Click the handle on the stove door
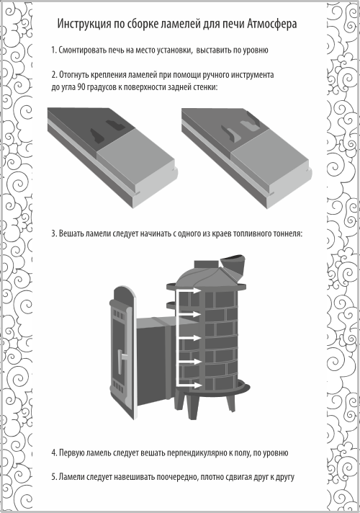122,357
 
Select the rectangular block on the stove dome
207,264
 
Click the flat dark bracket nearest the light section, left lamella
114,125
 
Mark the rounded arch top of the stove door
123,293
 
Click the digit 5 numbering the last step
53,477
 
